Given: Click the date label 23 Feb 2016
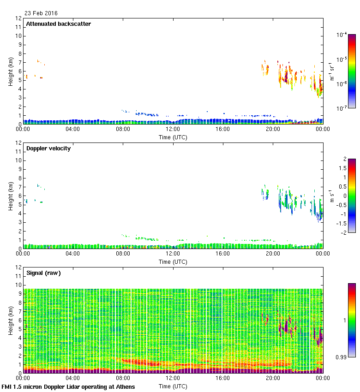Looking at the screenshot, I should click(41, 13).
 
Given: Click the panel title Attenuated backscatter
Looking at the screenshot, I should click(58, 24).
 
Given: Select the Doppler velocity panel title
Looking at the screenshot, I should click(48, 148).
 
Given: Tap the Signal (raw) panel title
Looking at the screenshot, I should click(44, 273).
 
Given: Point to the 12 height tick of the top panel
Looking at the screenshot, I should click(18, 18).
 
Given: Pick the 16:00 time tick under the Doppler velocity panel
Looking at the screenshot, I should click(222, 254).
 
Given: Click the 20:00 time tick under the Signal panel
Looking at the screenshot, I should click(272, 379).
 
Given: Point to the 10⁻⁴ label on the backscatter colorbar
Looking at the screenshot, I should click(342, 35).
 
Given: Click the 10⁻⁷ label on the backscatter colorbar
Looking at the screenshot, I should click(342, 108).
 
